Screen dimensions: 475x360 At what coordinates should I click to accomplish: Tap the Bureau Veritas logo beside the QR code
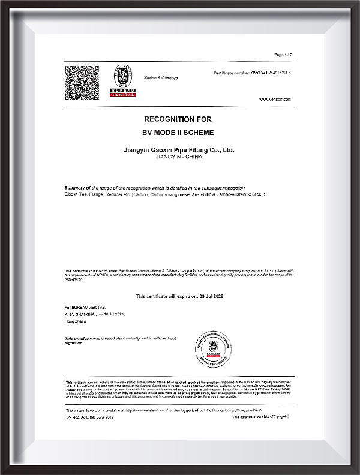tap(122, 81)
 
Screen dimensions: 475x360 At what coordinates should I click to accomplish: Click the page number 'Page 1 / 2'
tap(283, 55)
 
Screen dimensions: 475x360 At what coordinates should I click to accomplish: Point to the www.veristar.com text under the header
tap(275, 99)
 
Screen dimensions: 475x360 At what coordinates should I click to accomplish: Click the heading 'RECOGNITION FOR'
tap(178, 119)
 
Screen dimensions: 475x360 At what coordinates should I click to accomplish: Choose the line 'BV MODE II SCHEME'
tap(178, 131)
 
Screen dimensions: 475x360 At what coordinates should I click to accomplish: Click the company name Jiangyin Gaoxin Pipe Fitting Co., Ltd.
tap(178, 149)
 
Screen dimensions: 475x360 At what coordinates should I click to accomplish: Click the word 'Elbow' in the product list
tap(71, 195)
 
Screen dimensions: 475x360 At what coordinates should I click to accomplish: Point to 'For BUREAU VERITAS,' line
tap(83, 306)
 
